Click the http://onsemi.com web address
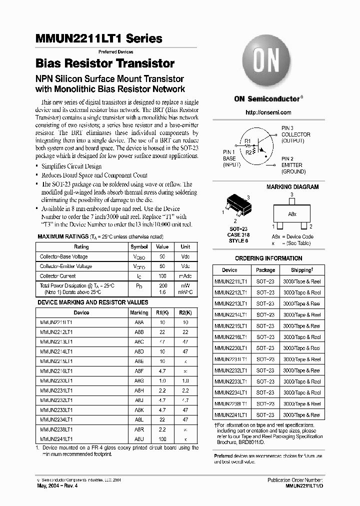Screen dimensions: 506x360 [x=268, y=112]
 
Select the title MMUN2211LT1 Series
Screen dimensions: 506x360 [x=99, y=38]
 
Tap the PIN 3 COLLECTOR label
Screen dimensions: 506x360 [x=295, y=134]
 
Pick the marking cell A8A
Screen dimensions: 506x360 [x=139, y=323]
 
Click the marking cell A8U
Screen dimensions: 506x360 [x=139, y=438]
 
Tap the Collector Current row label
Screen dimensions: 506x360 [x=58, y=276]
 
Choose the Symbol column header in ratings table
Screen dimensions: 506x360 [x=139, y=246]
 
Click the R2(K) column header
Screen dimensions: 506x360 [x=185, y=312]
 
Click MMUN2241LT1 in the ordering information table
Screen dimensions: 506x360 [x=231, y=415]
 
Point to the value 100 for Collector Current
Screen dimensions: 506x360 [x=162, y=276]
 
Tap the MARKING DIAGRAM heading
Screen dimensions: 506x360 [x=292, y=187]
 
